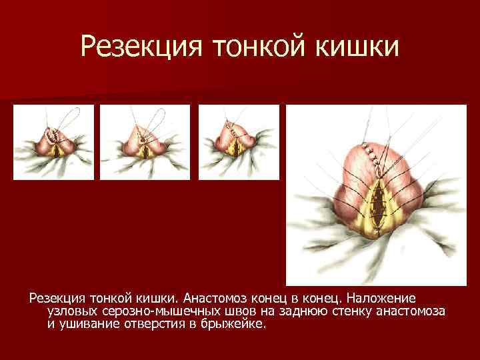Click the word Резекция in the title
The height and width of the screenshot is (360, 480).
tap(136, 46)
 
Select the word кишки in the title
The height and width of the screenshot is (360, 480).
tap(357, 46)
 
